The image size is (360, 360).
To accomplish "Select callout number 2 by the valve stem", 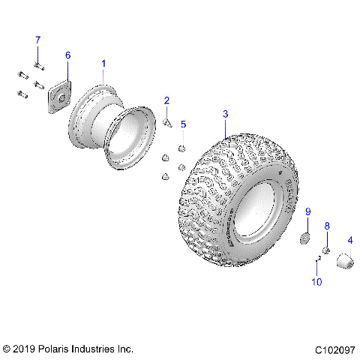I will click(166, 100).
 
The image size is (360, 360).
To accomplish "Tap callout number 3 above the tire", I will click(225, 115).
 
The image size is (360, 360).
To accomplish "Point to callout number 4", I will click(350, 240).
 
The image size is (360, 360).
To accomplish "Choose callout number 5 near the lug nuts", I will click(183, 124).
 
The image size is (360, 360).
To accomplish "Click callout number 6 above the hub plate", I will click(67, 55).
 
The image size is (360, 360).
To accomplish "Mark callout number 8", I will click(327, 225).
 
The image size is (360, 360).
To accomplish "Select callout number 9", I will click(307, 212).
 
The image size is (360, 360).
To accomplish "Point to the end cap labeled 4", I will click(346, 262).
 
